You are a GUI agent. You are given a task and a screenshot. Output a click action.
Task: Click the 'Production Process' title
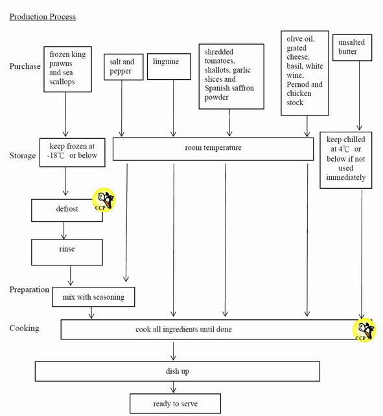pyautogui.click(x=42, y=16)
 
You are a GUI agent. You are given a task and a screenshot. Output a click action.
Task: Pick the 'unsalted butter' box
pyautogui.click(x=353, y=48)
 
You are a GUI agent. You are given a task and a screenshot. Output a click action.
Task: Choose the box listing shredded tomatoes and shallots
pyautogui.click(x=231, y=76)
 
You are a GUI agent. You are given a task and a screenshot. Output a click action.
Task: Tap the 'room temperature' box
pyautogui.click(x=213, y=149)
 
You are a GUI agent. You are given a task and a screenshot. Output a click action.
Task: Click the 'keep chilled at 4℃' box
pyautogui.click(x=346, y=160)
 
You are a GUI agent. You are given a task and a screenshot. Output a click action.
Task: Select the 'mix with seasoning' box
pyautogui.click(x=93, y=297)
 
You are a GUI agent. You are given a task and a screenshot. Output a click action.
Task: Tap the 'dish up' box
pyautogui.click(x=176, y=371)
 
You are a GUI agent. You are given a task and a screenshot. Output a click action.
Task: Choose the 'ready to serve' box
pyautogui.click(x=175, y=404)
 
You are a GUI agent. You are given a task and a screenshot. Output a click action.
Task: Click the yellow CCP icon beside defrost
pyautogui.click(x=104, y=199)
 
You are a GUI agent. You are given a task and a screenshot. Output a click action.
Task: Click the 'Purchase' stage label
pyautogui.click(x=25, y=67)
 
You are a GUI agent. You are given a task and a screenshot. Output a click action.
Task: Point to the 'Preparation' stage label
pyautogui.click(x=29, y=289)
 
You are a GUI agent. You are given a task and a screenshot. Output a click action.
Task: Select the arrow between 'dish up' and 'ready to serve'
pyautogui.click(x=174, y=387)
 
